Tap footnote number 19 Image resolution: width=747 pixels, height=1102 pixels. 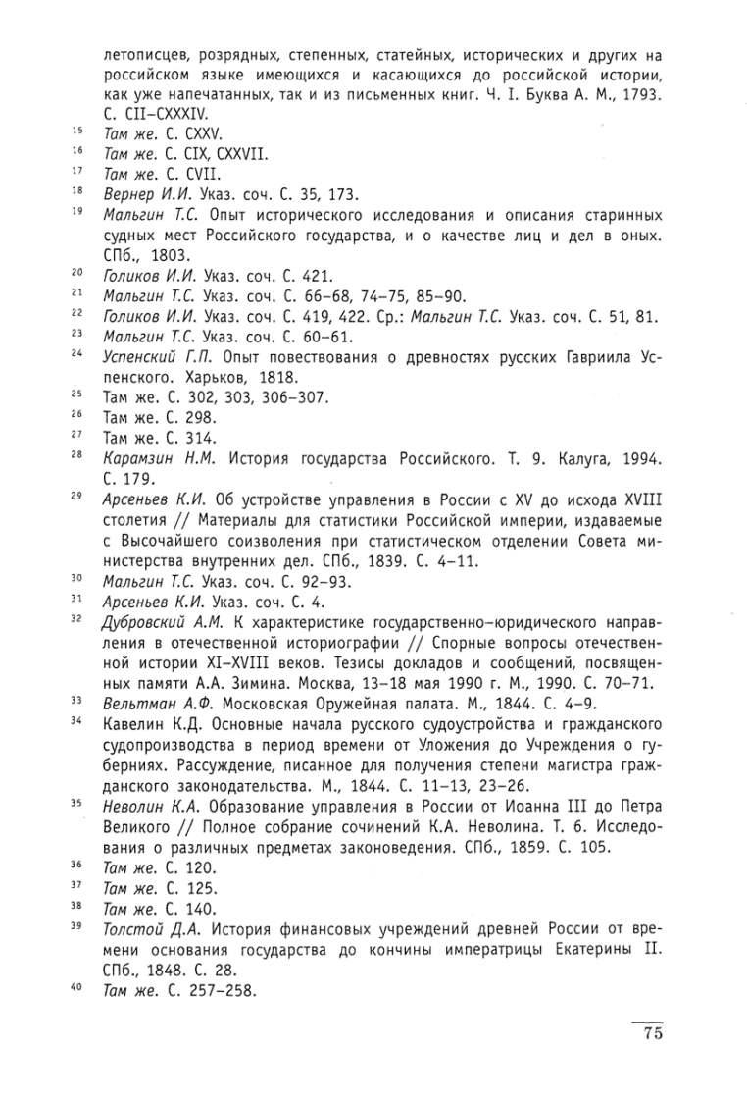[76, 213]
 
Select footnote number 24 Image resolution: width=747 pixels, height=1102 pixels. [76, 353]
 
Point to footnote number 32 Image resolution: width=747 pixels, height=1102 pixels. [76, 618]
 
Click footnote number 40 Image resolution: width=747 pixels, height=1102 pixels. [76, 988]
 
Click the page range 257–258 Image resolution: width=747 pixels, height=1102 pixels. [217, 990]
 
